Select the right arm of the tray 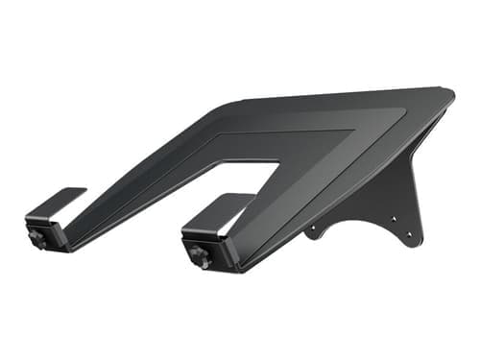click(278, 202)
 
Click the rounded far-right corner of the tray click(447, 93)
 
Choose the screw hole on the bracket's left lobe click(309, 231)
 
